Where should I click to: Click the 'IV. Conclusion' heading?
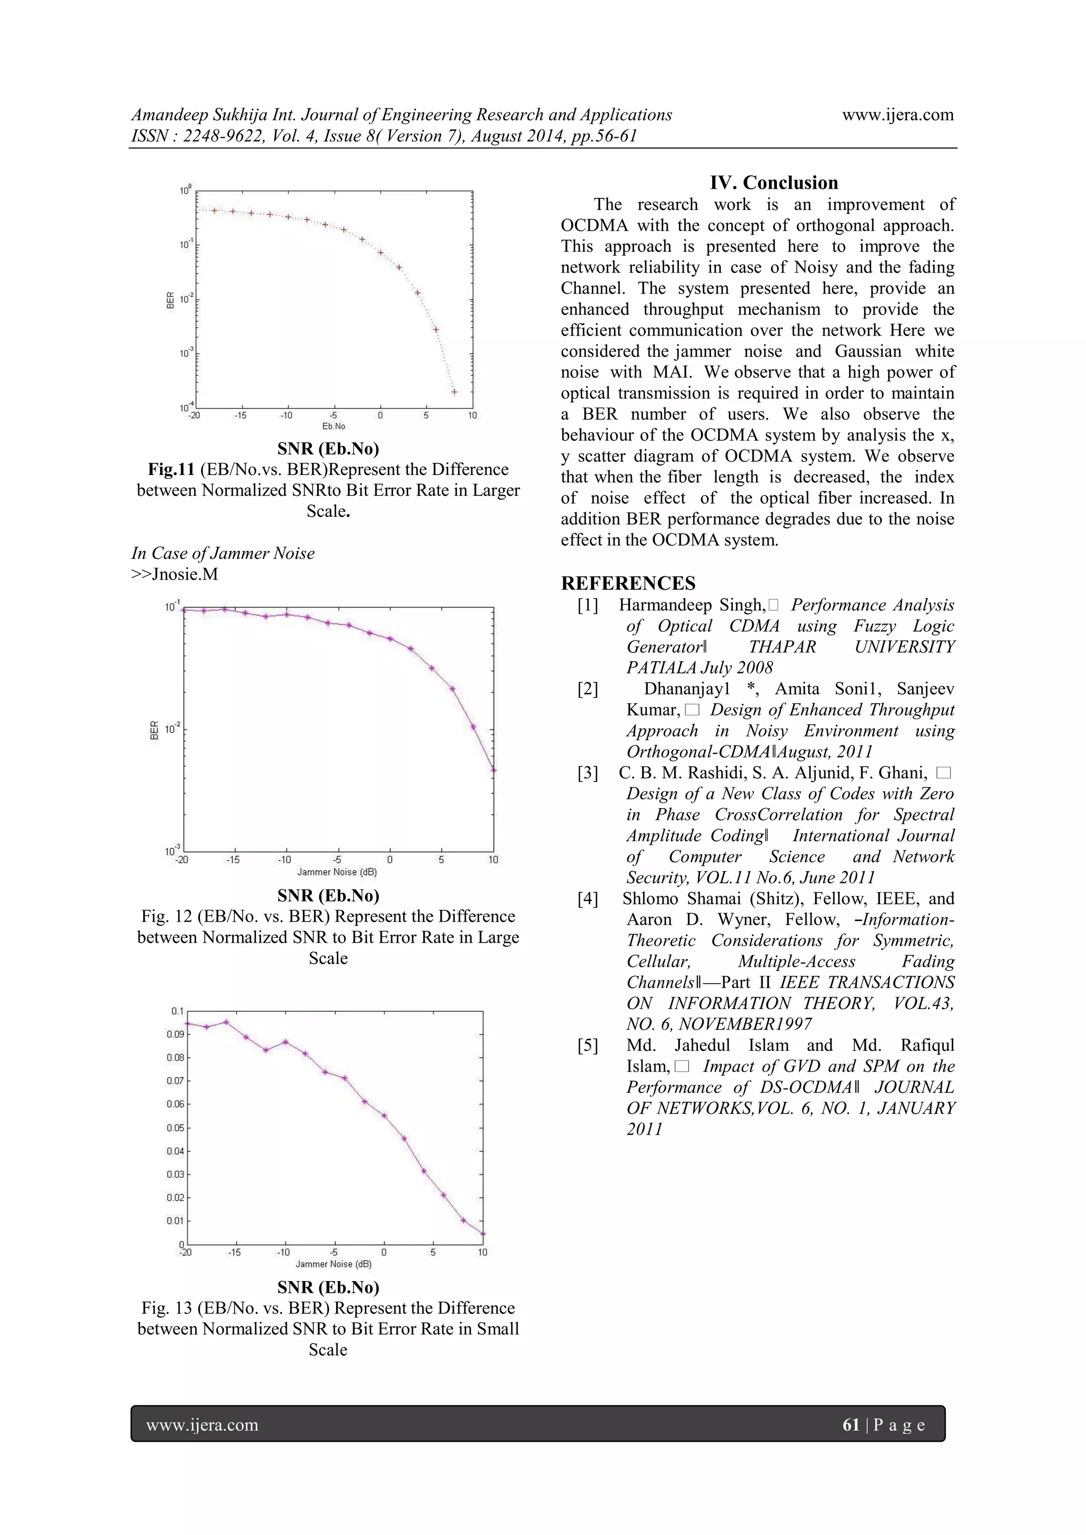(x=774, y=182)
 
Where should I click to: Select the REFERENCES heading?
(x=628, y=583)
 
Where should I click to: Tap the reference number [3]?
(x=588, y=773)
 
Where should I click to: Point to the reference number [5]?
(x=588, y=1045)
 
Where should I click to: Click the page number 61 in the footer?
(x=851, y=1425)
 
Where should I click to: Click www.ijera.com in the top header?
(x=897, y=115)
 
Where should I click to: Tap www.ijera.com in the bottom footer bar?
(x=202, y=1425)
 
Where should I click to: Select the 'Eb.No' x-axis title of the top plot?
(x=334, y=426)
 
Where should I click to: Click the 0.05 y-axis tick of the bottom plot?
(x=175, y=1128)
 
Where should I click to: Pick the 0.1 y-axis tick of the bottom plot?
(x=177, y=1012)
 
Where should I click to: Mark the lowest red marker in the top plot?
(x=454, y=392)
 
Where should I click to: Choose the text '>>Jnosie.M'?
(x=174, y=574)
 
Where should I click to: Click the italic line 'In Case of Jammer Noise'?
(x=223, y=553)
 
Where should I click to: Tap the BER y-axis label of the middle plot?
(x=154, y=730)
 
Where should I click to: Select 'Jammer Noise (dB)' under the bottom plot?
(x=333, y=1264)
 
